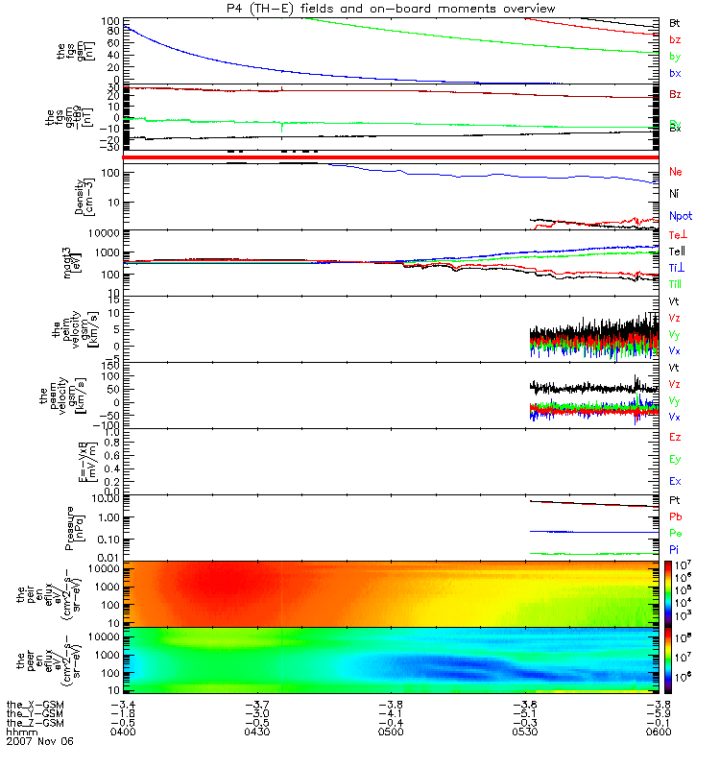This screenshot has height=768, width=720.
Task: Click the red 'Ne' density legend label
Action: (x=676, y=172)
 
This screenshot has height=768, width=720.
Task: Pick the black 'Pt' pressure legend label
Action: (x=675, y=501)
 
